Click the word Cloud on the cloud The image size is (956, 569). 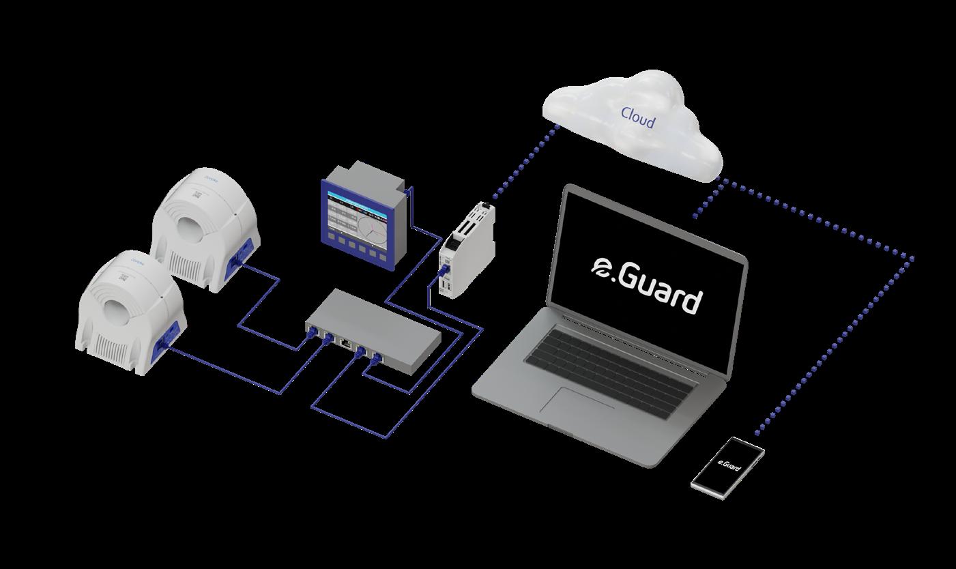(x=637, y=117)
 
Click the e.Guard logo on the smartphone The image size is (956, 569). (x=728, y=465)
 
